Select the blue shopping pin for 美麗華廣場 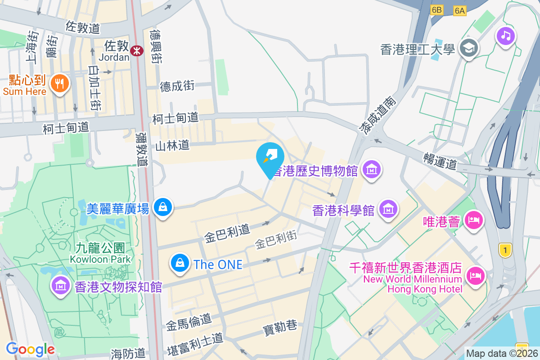coord(162,207)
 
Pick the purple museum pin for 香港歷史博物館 coord(372,170)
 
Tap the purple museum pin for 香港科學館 coord(388,209)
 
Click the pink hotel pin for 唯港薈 coord(474,220)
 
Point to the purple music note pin coord(506,36)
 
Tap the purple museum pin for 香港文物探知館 coord(60,285)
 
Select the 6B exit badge coord(436,10)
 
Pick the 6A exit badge coord(459,11)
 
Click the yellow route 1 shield coord(505,250)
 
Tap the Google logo coord(30,349)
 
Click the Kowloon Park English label coord(100,259)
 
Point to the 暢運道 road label coord(440,160)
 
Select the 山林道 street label coord(172,145)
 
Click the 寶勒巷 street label coord(280,326)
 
